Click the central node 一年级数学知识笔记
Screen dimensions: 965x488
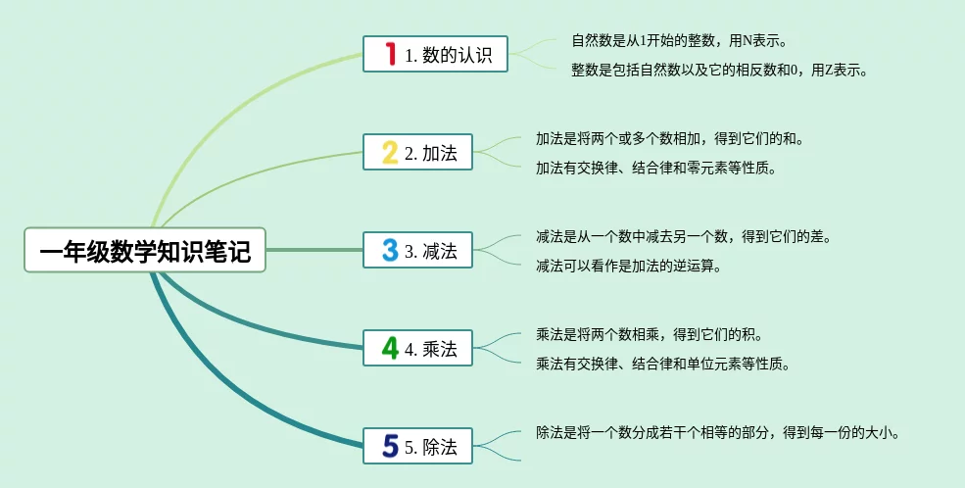[x=145, y=252]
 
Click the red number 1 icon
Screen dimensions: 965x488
[x=389, y=55]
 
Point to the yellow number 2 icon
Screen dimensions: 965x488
[x=389, y=153]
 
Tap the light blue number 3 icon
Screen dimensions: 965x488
[x=389, y=251]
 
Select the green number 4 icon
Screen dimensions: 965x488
[x=389, y=348]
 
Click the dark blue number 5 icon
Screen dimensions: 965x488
[x=389, y=447]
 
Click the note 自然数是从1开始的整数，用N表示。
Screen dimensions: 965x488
[x=679, y=41]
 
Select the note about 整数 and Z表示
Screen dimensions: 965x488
[x=720, y=70]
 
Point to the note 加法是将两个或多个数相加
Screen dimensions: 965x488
[x=669, y=139]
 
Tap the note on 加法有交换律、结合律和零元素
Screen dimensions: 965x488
[x=655, y=168]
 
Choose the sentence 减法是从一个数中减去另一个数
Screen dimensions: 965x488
[x=683, y=237]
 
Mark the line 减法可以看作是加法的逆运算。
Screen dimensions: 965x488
[x=628, y=266]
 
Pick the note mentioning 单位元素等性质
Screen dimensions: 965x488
[x=662, y=364]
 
